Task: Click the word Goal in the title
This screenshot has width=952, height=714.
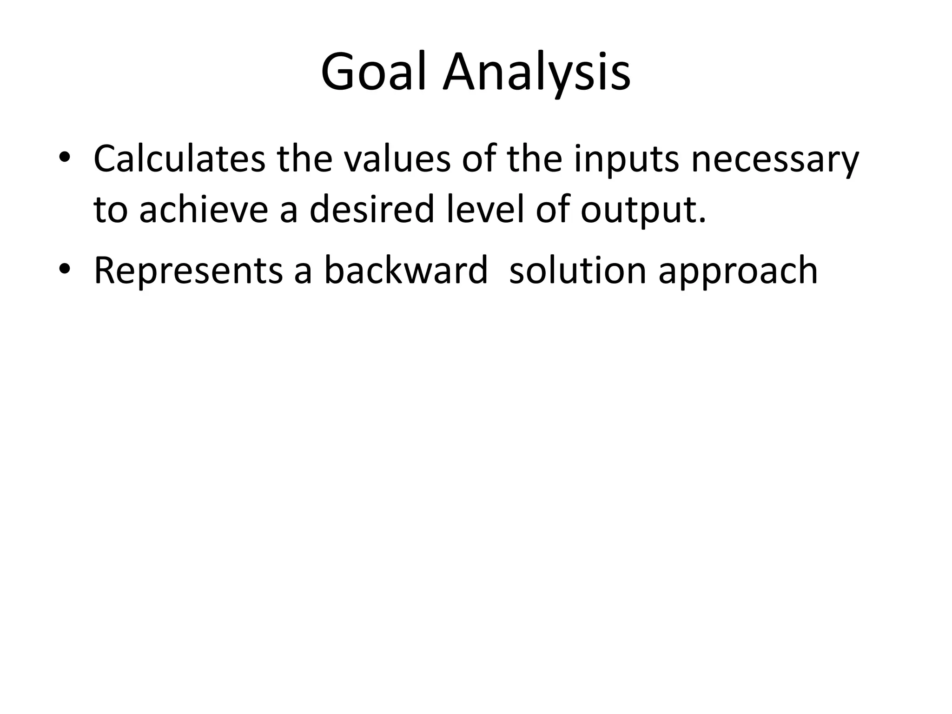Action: (374, 73)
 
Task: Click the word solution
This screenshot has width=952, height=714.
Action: (578, 271)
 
